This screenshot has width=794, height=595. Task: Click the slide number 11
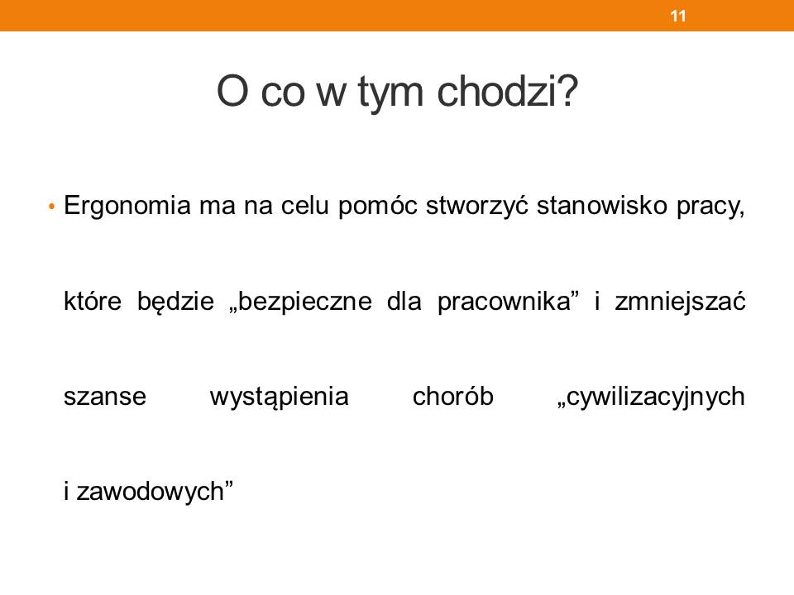tap(678, 17)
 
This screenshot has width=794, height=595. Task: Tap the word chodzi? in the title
tap(507, 92)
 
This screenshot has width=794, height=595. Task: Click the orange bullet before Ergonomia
tap(51, 207)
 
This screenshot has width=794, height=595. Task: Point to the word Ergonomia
tap(127, 207)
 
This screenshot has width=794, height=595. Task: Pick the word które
tap(93, 302)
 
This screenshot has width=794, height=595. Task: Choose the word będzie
tap(175, 302)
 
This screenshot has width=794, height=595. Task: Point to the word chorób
tap(452, 396)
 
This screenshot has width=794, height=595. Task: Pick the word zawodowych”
tap(155, 492)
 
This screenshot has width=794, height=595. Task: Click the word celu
tap(305, 206)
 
